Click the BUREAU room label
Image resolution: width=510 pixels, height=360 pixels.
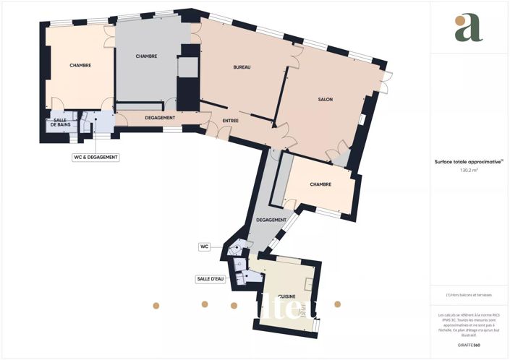click(x=242, y=67)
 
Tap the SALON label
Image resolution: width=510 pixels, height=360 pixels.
click(x=325, y=99)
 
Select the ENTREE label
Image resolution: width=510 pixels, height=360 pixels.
click(x=231, y=121)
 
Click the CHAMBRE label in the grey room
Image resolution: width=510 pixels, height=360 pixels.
click(x=146, y=56)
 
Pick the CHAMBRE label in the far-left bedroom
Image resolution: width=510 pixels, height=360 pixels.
click(x=80, y=66)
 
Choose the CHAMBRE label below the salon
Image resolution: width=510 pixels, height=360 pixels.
click(x=320, y=184)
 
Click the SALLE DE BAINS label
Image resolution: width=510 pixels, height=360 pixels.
click(x=60, y=125)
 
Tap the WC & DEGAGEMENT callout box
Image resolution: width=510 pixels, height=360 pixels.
click(x=95, y=157)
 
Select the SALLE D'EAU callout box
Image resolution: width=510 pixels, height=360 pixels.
click(x=210, y=278)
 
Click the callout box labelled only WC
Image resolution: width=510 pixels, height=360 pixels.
click(x=204, y=247)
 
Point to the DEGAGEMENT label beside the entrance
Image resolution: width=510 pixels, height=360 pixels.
click(x=159, y=117)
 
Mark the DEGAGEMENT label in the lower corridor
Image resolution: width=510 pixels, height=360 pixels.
click(x=271, y=220)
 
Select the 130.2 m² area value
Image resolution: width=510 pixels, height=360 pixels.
click(x=469, y=171)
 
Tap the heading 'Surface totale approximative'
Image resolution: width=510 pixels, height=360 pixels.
click(x=468, y=163)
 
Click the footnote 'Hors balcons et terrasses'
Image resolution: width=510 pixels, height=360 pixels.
click(x=469, y=294)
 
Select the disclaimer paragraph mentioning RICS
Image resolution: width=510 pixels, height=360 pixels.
click(x=469, y=325)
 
